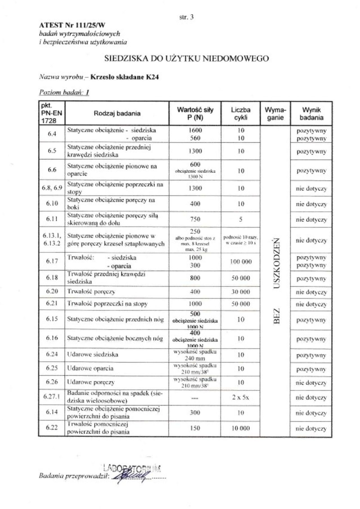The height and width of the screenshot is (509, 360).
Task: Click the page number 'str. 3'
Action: tap(186, 17)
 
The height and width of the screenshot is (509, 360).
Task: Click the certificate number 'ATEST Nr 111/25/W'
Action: tap(72, 25)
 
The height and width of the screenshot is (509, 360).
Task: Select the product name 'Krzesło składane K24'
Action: tap(124, 77)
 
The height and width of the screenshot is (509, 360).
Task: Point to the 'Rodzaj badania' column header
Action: tap(117, 114)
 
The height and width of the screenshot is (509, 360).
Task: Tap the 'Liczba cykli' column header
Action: tap(241, 114)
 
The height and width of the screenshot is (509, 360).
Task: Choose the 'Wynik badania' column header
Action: tap(311, 114)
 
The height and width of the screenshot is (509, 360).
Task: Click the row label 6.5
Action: tap(52, 151)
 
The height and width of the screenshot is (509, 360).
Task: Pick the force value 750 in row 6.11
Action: tap(195, 219)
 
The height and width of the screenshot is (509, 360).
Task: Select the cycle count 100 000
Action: tap(241, 262)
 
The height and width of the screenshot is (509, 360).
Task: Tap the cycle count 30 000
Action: tap(241, 292)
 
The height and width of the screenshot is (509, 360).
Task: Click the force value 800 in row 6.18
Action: tap(195, 278)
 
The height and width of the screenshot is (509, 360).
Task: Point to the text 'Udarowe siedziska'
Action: tap(93, 355)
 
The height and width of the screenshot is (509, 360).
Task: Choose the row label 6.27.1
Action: tap(52, 397)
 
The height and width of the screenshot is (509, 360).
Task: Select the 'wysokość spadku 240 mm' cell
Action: tap(195, 355)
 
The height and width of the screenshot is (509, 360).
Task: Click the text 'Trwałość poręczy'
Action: tap(91, 292)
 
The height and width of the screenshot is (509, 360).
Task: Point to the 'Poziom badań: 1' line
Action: tap(64, 92)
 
